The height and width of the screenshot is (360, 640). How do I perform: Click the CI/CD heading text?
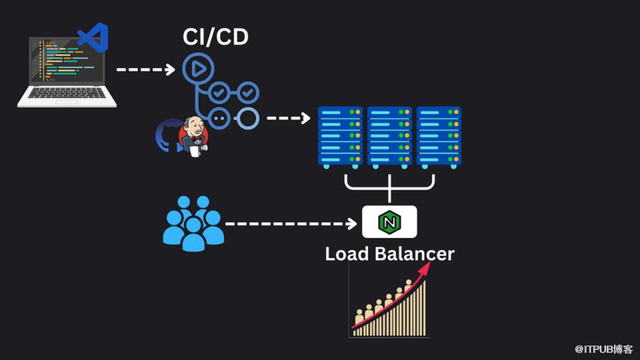215,37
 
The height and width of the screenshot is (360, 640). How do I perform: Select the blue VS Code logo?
94,37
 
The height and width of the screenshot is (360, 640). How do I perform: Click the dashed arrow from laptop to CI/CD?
145,70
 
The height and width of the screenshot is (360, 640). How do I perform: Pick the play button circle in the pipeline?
194,69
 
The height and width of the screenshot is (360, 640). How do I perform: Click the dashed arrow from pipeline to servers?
288,117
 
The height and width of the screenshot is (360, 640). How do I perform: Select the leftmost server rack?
341,137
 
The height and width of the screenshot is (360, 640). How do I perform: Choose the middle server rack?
390,137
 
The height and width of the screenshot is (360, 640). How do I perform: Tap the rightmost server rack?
439,137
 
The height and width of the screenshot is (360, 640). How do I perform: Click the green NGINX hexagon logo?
390,223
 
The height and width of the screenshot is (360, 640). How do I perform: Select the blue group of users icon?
192,223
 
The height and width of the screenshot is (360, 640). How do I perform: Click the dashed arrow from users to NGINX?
291,223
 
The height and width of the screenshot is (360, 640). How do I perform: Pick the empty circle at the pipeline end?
247,117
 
